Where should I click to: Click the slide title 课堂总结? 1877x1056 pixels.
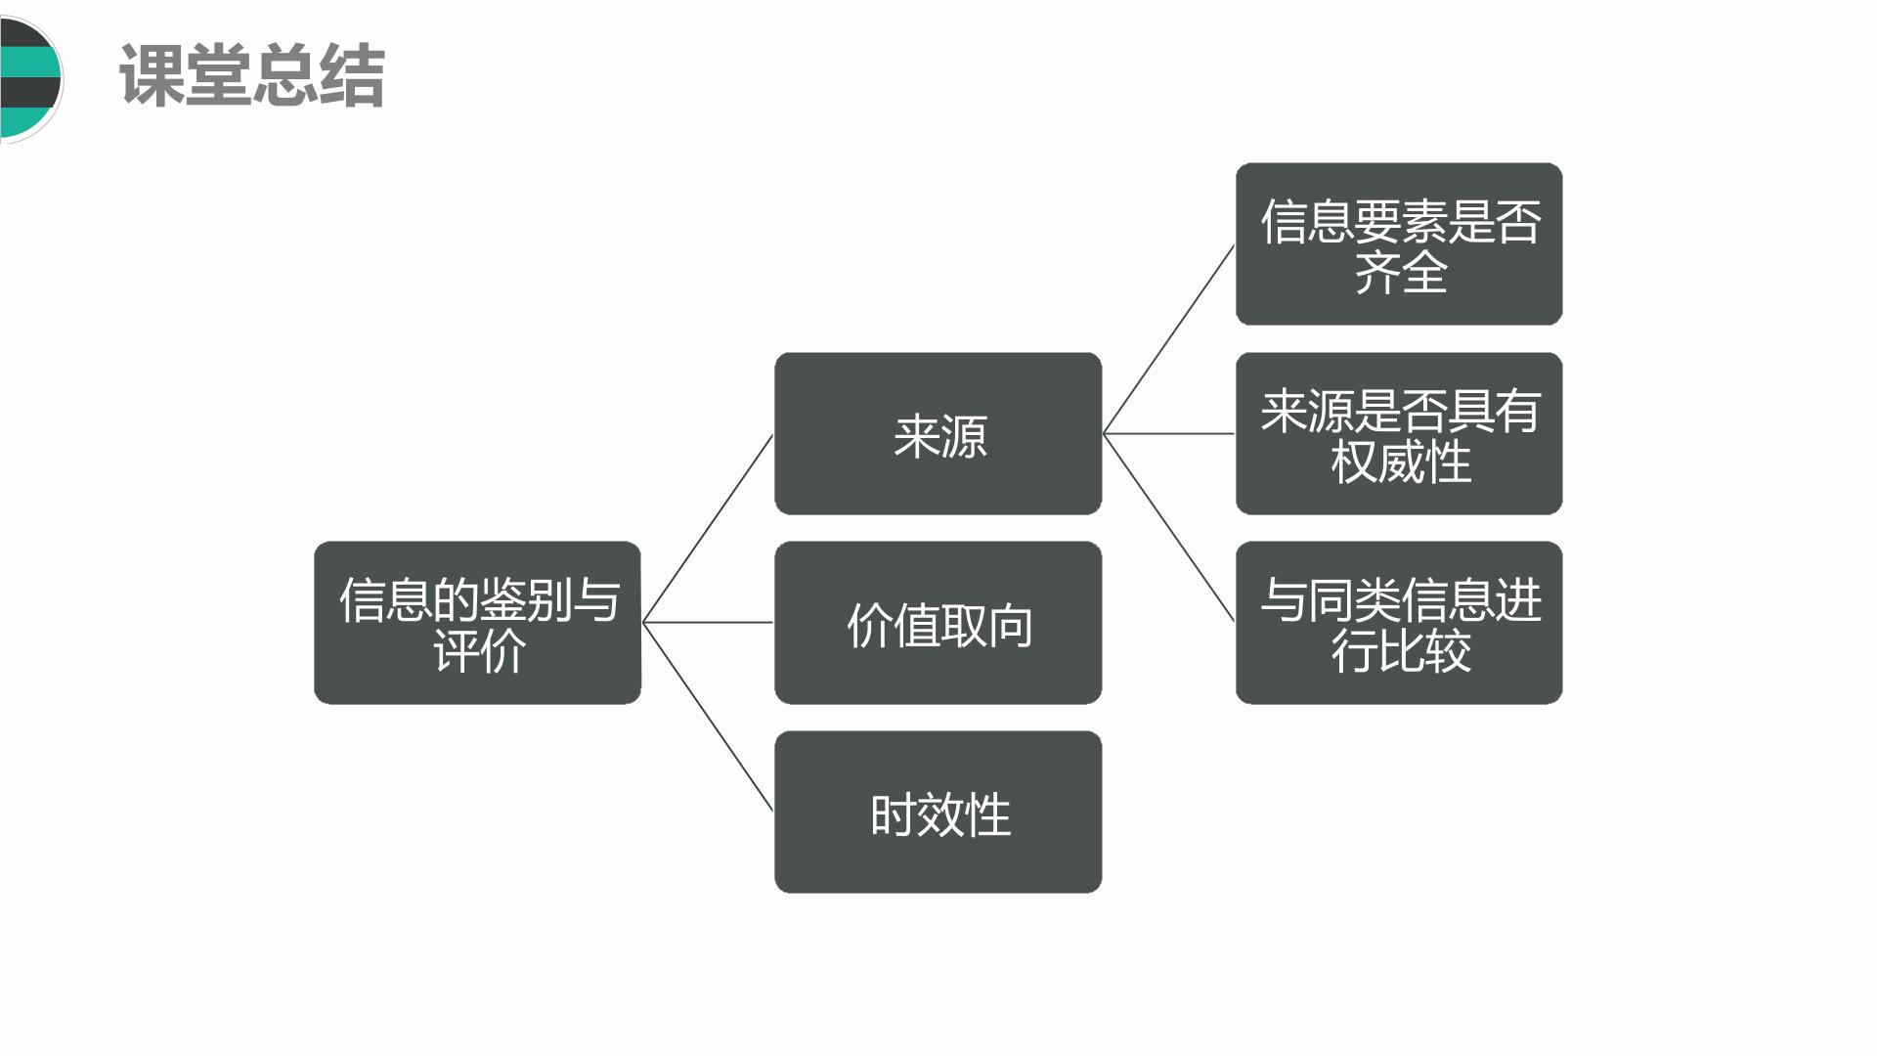pos(252,75)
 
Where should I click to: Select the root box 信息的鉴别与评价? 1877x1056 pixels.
pos(477,623)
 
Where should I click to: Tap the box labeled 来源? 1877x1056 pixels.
pos(938,433)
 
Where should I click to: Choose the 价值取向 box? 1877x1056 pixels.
pos(938,623)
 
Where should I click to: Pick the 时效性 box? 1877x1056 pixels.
pos(938,812)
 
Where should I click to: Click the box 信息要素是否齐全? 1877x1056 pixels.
pos(1399,244)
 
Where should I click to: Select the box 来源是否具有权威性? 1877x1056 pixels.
pos(1399,433)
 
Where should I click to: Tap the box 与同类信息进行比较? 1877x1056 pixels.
pos(1399,623)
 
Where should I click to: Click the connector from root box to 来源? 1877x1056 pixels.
pos(708,528)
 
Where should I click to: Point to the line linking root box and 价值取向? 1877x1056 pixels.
pos(708,622)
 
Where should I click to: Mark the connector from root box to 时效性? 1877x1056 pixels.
pos(708,717)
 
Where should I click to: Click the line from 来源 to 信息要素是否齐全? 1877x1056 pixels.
pos(1168,339)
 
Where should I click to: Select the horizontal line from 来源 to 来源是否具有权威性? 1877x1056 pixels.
pos(1168,433)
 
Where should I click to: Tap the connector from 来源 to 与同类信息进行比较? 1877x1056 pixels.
pos(1168,528)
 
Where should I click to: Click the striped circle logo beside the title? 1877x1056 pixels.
pos(29,78)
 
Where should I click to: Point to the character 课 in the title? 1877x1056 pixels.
pos(151,75)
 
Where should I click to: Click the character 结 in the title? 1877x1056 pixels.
pos(353,75)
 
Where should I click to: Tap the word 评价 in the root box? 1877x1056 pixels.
pos(479,650)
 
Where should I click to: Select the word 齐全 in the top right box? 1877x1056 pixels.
pos(1401,272)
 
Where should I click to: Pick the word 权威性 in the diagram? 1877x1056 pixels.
pos(1401,462)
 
